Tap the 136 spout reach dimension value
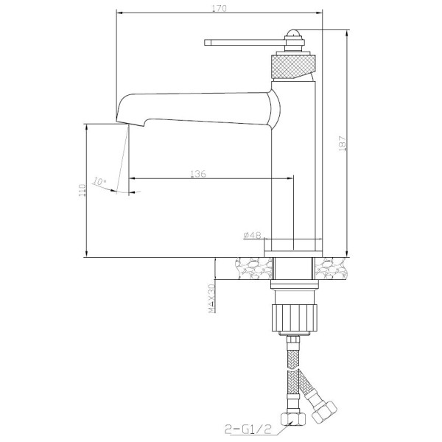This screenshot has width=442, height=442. point(197,174)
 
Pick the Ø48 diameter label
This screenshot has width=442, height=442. point(253,234)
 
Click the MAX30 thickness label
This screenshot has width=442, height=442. point(211,298)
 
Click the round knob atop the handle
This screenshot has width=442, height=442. point(293,35)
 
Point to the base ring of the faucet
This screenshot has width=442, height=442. point(294,246)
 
